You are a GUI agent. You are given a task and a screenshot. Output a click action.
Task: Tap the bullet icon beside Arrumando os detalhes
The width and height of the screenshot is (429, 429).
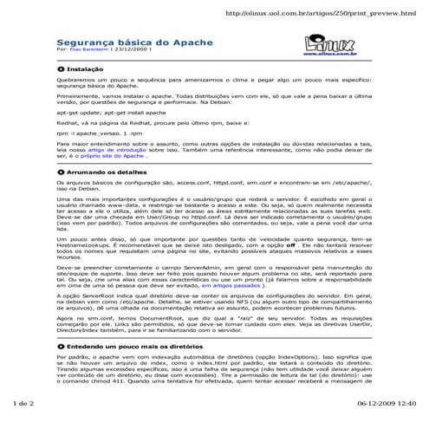pos(60,172)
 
